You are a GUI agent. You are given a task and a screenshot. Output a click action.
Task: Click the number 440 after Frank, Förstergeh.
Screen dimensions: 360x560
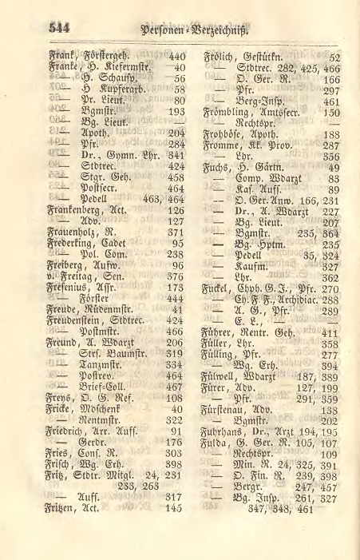176,57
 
